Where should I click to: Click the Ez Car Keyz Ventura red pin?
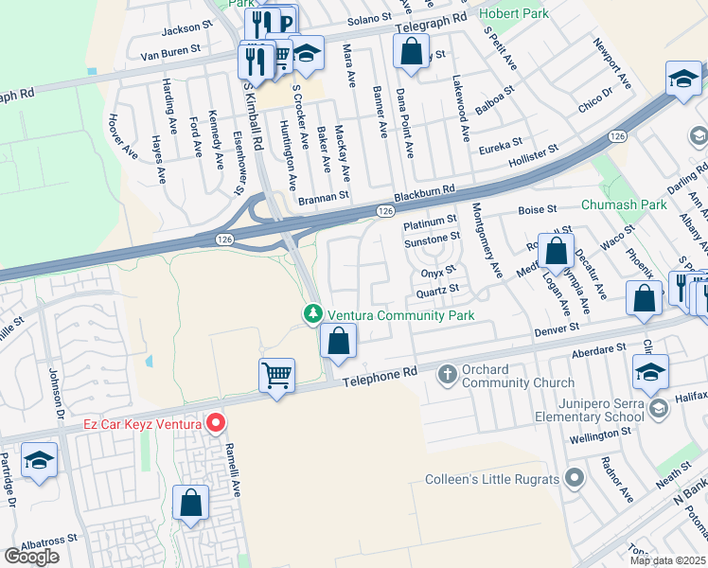[216, 423]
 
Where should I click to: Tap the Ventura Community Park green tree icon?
[312, 313]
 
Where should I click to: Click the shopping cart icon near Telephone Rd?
[276, 376]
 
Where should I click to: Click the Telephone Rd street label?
[381, 376]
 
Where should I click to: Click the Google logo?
[31, 557]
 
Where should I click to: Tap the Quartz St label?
[440, 288]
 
